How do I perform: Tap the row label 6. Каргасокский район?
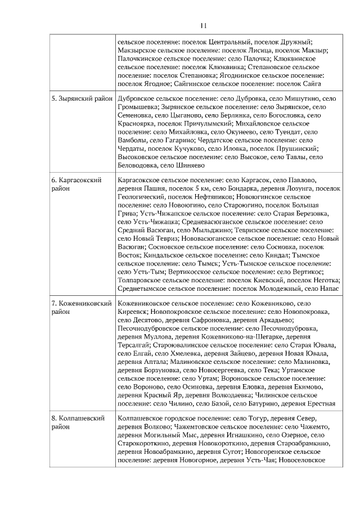pyautogui.click(x=76, y=184)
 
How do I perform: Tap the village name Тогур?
pyautogui.click(x=245, y=418)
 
